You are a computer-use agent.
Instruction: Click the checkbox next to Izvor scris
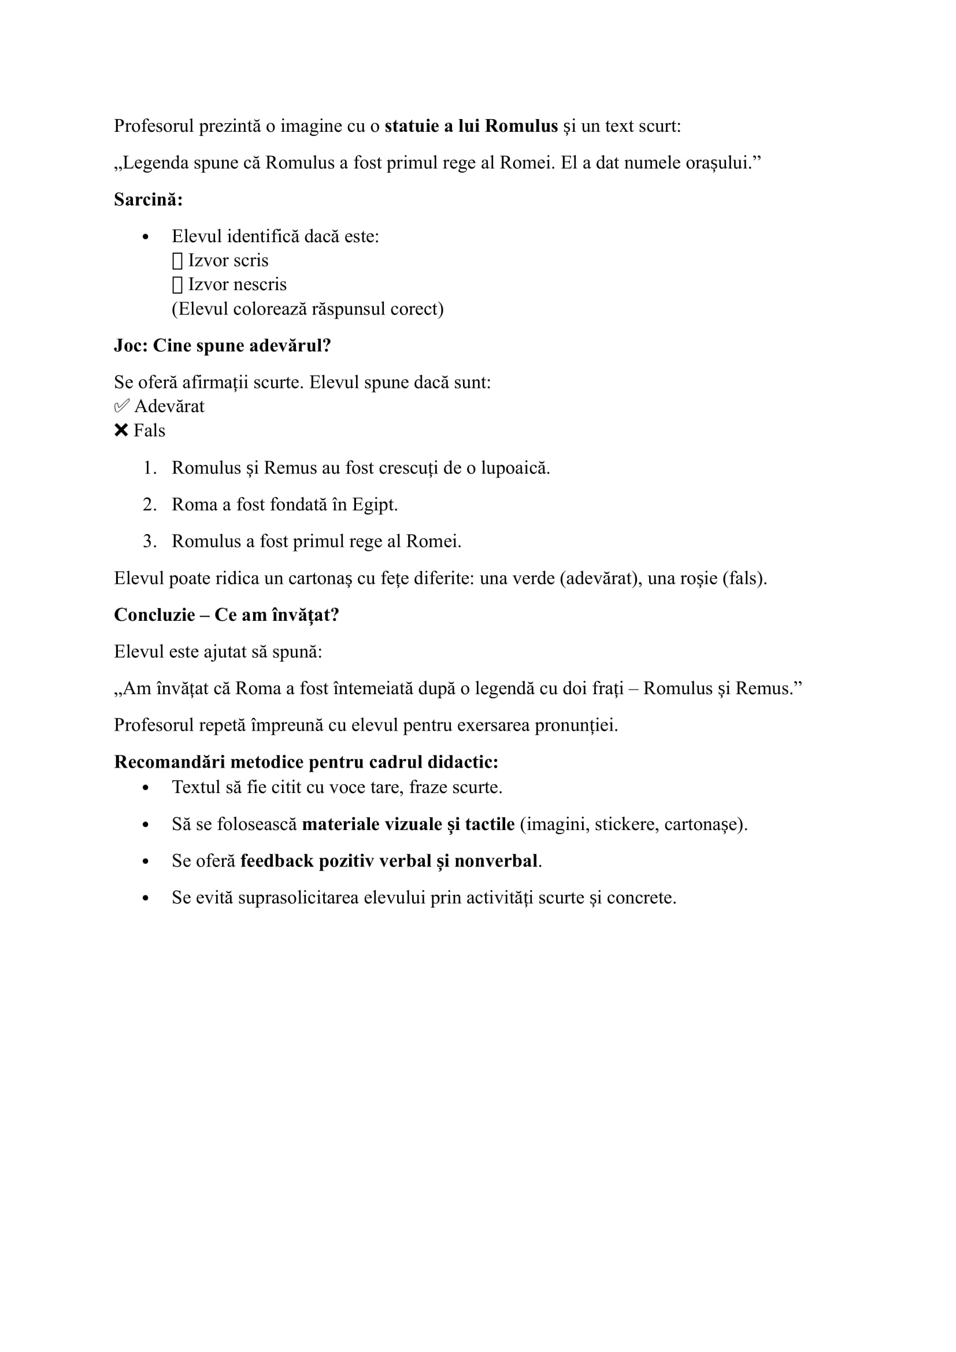coord(177,261)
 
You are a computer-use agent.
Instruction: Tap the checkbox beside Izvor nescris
coord(177,285)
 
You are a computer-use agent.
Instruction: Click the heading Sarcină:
coord(149,199)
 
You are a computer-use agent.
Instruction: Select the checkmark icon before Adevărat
coord(121,406)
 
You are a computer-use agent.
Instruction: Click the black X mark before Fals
coord(121,431)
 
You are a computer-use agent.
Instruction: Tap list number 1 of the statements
coord(150,468)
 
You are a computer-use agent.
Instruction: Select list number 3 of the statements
coord(150,541)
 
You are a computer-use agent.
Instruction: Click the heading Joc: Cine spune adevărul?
coord(223,346)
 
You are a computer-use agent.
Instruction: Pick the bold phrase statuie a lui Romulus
coord(471,126)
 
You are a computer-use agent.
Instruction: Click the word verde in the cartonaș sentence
coord(533,578)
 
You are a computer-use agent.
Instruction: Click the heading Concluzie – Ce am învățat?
coord(227,615)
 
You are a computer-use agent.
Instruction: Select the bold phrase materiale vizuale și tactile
coord(408,824)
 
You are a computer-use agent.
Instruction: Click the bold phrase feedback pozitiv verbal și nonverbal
coord(388,861)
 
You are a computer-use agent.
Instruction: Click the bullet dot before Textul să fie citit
coord(146,788)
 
